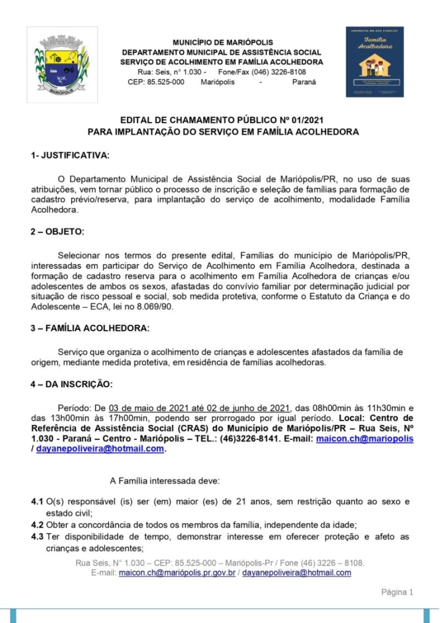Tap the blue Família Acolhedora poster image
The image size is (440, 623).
(375, 62)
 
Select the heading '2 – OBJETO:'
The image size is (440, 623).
(57, 232)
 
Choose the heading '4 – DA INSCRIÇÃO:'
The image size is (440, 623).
(72, 384)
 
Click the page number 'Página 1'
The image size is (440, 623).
(397, 592)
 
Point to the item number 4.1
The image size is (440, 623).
(37, 502)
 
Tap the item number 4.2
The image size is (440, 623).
(37, 525)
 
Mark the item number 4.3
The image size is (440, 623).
(37, 536)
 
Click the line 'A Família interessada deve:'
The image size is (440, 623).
(162, 480)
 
